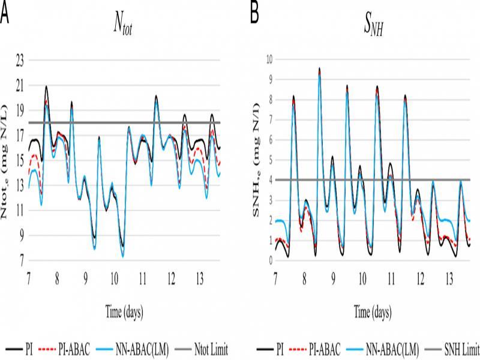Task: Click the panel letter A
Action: pyautogui.click(x=5, y=13)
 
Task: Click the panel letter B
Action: pyautogui.click(x=255, y=13)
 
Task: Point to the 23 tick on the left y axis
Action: pyautogui.click(x=20, y=60)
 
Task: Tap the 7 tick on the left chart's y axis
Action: pyautogui.click(x=22, y=261)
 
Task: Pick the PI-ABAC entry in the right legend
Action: pyautogui.click(x=324, y=348)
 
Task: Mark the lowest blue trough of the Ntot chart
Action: pyautogui.click(x=123, y=256)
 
